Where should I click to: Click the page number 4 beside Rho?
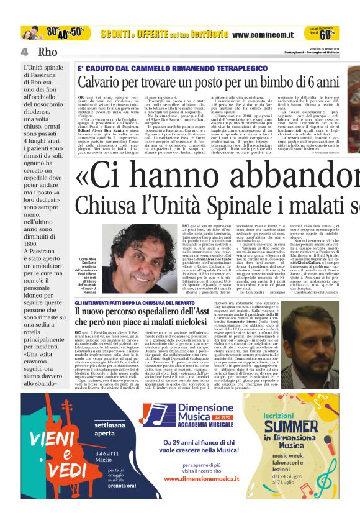click(x=24, y=52)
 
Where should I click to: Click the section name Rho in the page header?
click(x=47, y=52)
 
